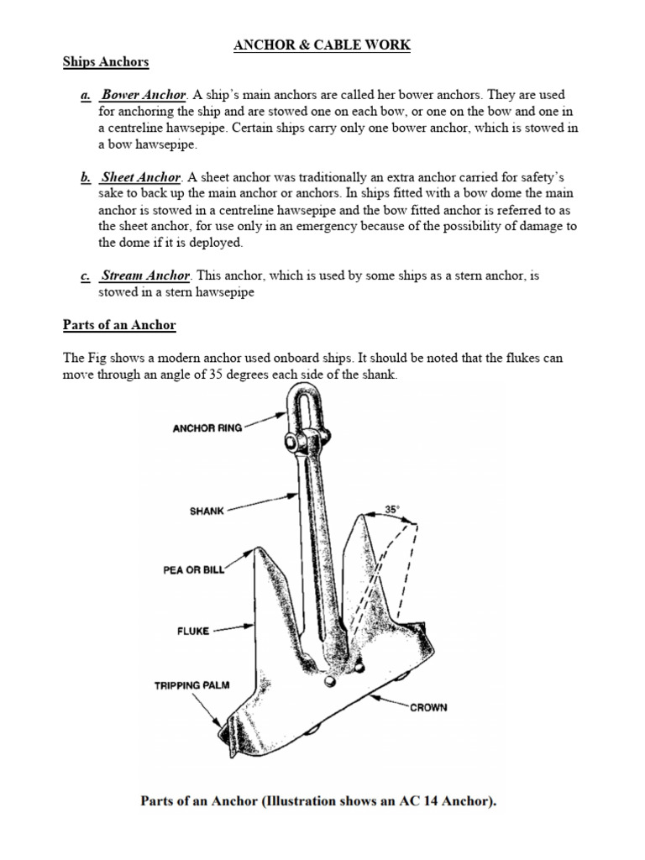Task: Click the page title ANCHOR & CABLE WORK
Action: [x=322, y=45]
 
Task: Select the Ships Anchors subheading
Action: [x=106, y=62]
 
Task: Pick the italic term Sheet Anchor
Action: [x=140, y=177]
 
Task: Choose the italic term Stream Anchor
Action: [x=146, y=275]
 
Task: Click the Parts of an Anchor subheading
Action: [x=119, y=325]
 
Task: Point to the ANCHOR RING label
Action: [x=207, y=427]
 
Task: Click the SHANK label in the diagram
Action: [x=207, y=511]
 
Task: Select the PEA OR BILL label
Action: [x=193, y=569]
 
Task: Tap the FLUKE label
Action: [x=192, y=628]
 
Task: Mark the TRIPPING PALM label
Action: [x=190, y=685]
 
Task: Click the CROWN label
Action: [x=428, y=707]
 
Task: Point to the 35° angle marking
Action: [x=392, y=509]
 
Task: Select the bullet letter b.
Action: [x=85, y=177]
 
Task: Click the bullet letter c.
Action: [x=85, y=275]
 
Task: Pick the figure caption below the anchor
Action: [x=318, y=800]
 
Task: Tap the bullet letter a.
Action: [x=85, y=96]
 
